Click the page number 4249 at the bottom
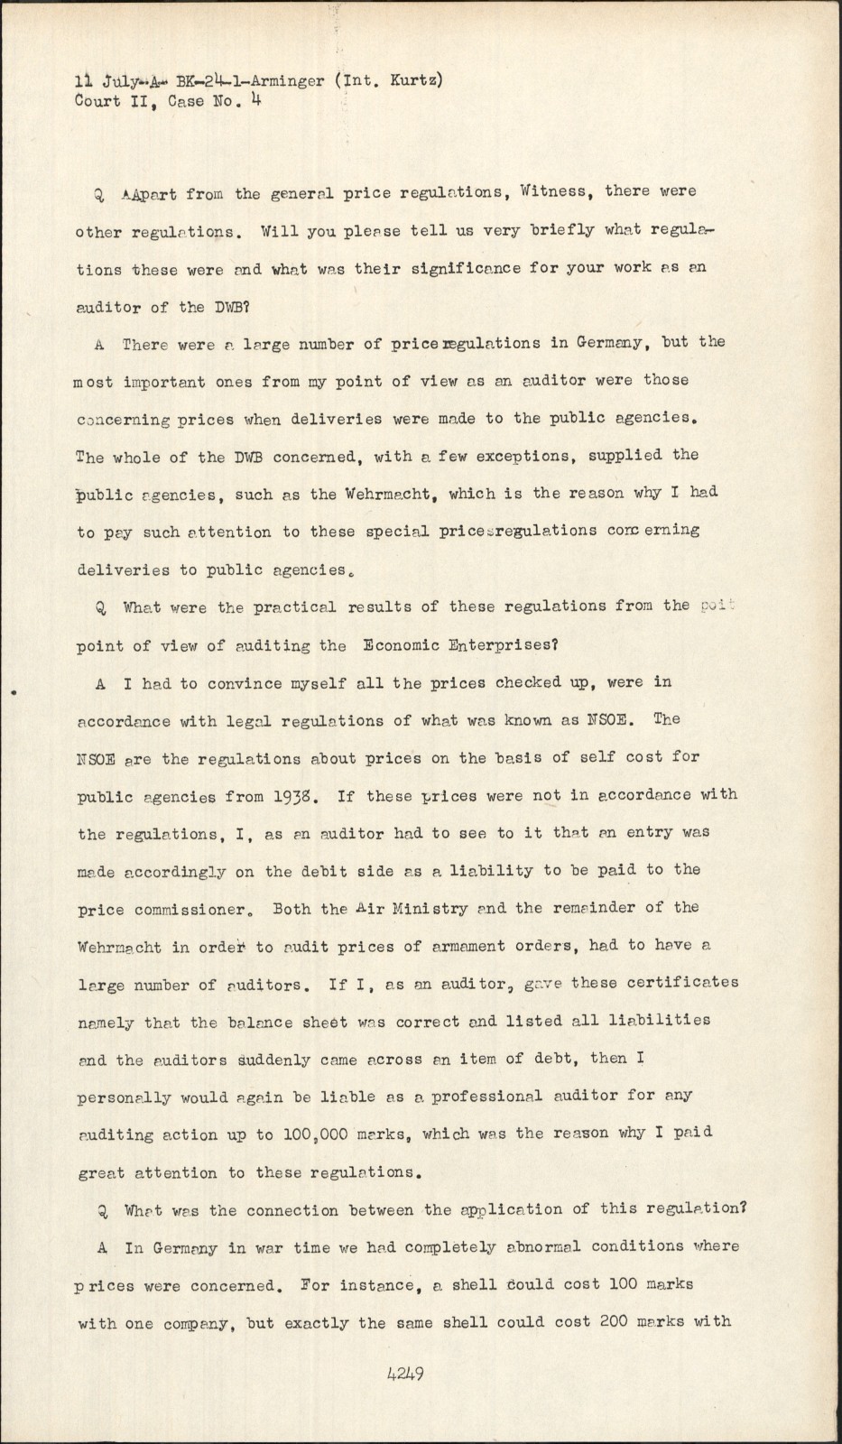(405, 1375)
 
